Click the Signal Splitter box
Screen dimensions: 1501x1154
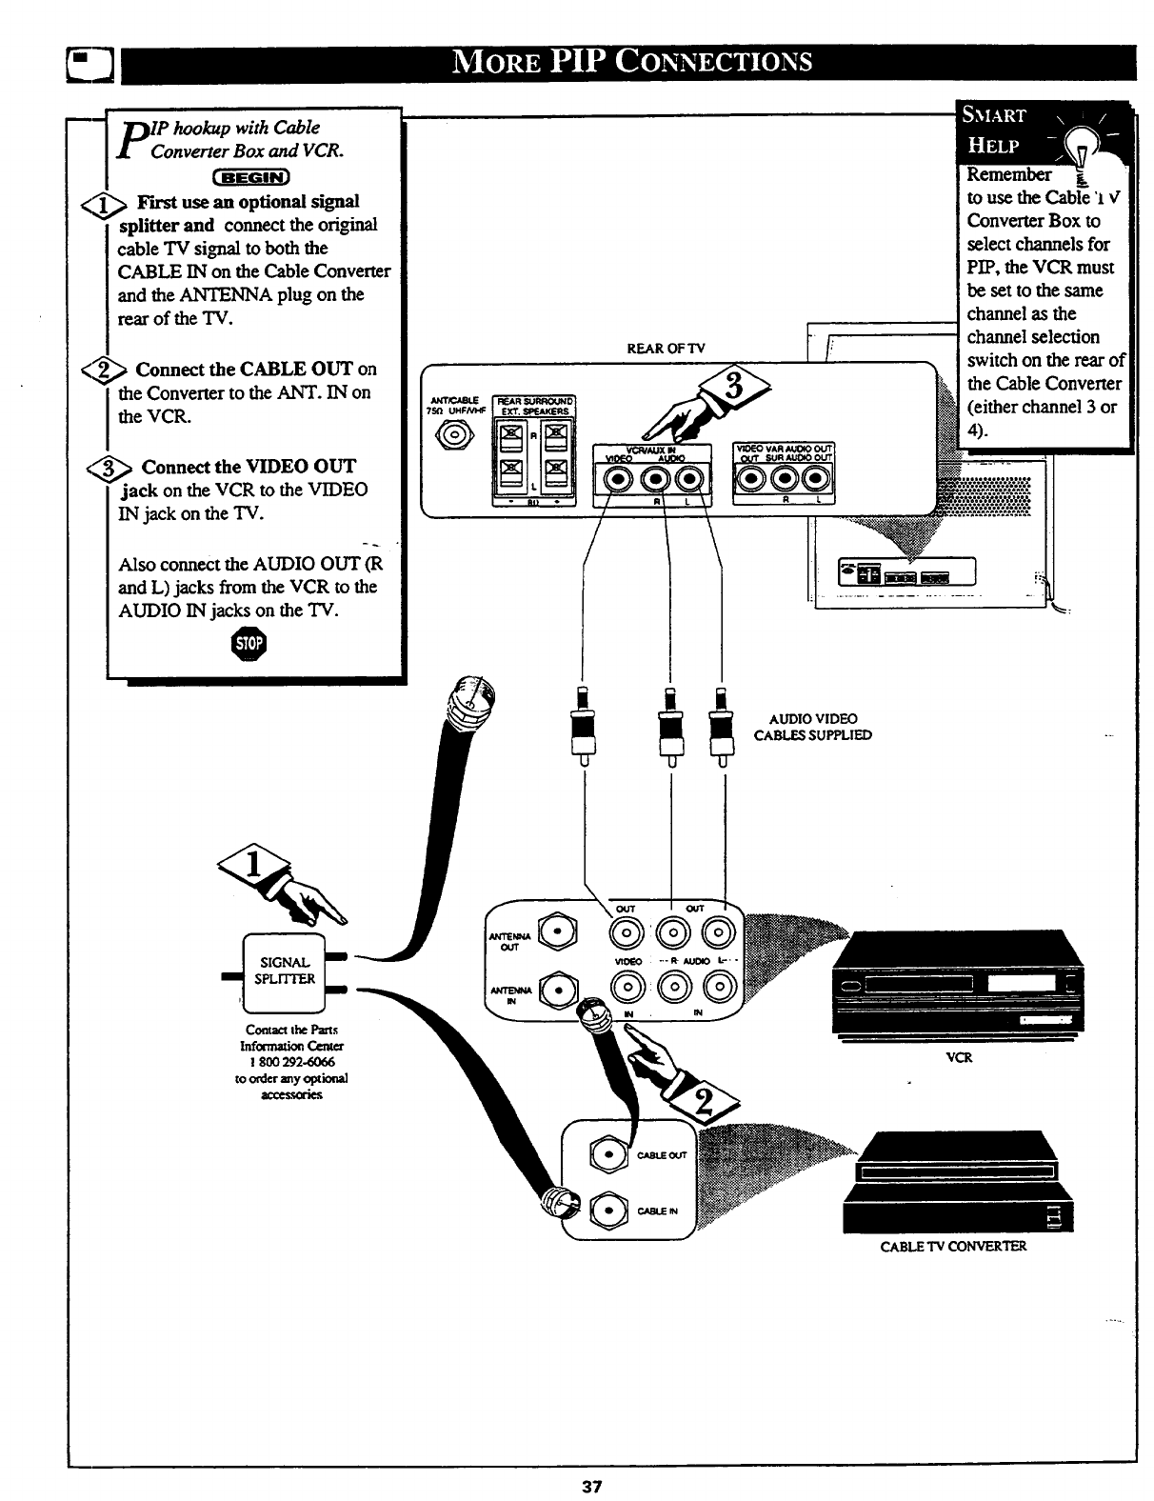[286, 971]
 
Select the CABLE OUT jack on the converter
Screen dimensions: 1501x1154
[607, 1155]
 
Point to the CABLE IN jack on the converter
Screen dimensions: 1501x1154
[607, 1211]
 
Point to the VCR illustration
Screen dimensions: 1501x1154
[957, 982]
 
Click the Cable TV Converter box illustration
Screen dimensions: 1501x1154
[958, 1181]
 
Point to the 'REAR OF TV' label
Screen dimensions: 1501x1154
[666, 348]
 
